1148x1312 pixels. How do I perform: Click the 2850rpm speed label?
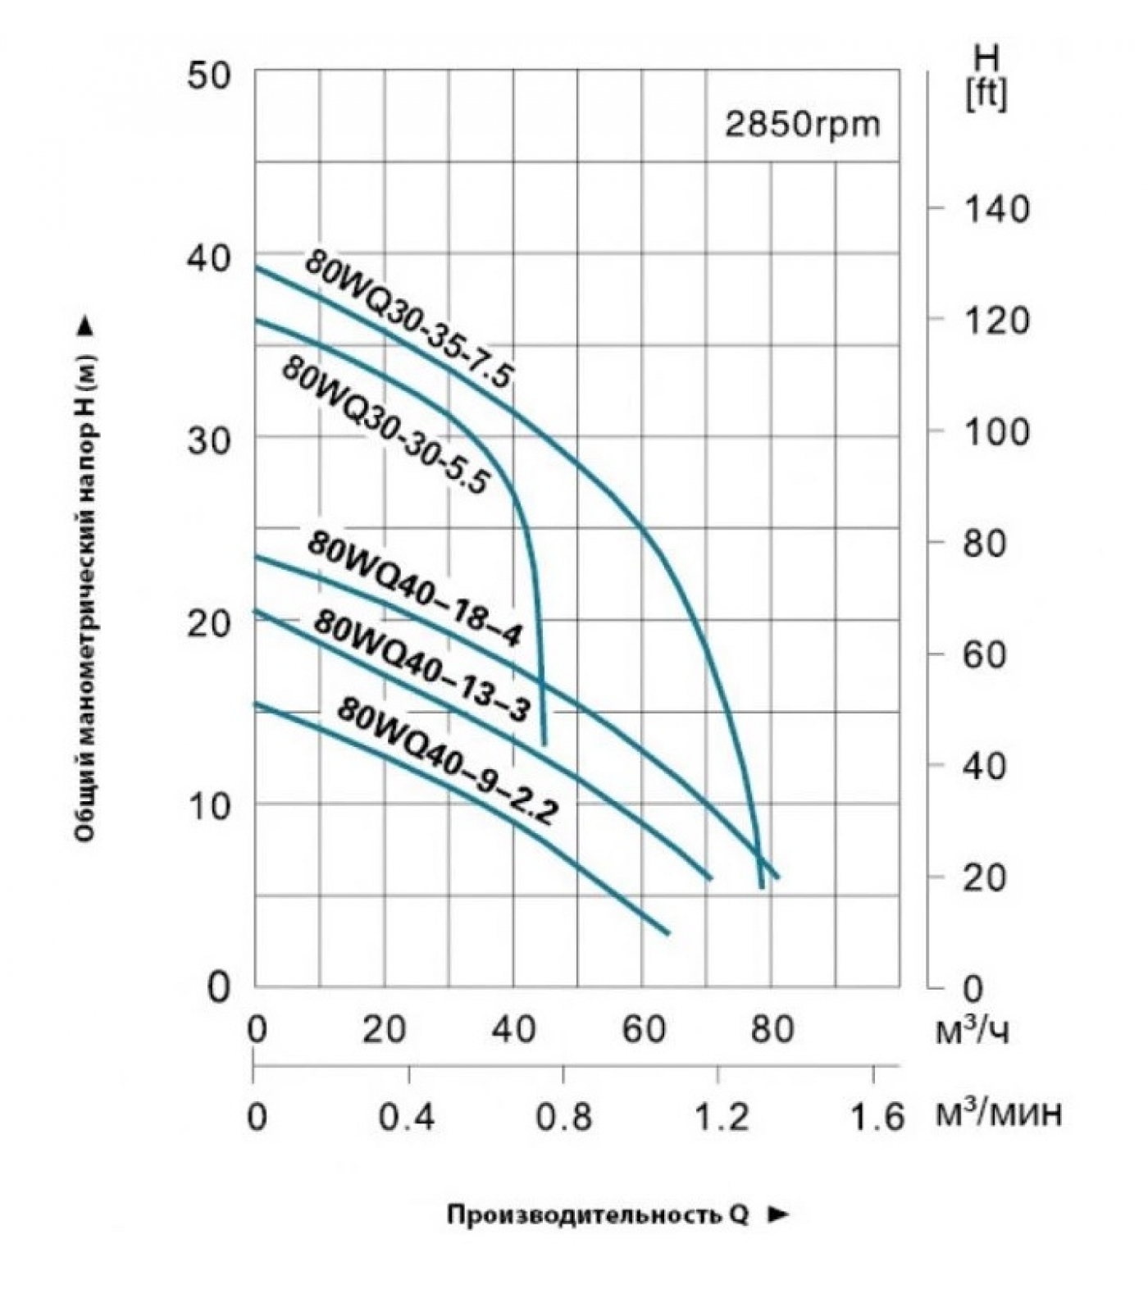[x=801, y=125]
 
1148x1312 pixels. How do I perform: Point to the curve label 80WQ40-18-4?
[x=414, y=589]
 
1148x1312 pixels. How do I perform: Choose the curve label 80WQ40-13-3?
[x=421, y=665]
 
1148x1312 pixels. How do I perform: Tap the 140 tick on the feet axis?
[x=995, y=209]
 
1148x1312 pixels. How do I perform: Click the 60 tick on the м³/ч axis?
[x=643, y=1029]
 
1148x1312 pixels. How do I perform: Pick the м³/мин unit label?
[x=999, y=1114]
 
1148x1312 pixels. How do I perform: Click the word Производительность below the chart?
[x=581, y=1214]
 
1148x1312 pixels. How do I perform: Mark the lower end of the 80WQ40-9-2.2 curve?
[x=667, y=932]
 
